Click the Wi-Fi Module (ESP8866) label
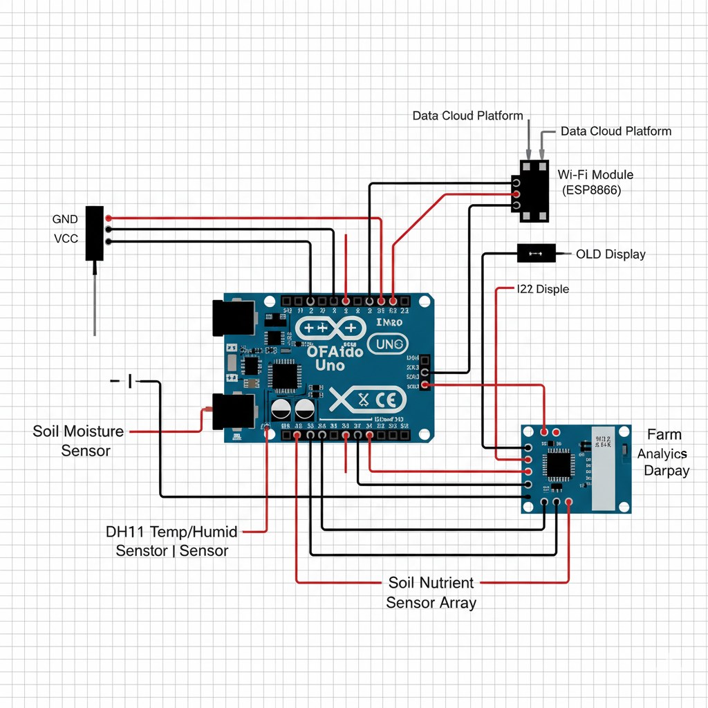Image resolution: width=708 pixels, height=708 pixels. (x=595, y=182)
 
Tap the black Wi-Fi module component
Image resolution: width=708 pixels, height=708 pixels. (x=534, y=192)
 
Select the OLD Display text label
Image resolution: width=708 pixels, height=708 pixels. (x=611, y=254)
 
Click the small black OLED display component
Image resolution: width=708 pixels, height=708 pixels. (x=536, y=254)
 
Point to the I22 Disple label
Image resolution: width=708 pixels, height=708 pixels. (x=543, y=289)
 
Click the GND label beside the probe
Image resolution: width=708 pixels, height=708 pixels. (x=65, y=219)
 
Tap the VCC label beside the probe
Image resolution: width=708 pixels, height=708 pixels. (x=65, y=239)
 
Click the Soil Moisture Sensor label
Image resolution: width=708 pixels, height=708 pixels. (x=78, y=441)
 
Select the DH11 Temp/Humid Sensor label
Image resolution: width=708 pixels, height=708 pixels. (x=171, y=541)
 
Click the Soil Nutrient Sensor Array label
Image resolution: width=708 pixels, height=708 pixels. (x=431, y=593)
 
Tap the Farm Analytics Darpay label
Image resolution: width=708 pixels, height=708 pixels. (x=665, y=453)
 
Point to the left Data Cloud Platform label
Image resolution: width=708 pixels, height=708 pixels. (x=467, y=115)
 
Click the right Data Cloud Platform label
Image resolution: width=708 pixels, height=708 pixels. (x=615, y=131)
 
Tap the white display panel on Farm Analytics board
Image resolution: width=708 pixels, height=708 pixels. (x=601, y=468)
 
